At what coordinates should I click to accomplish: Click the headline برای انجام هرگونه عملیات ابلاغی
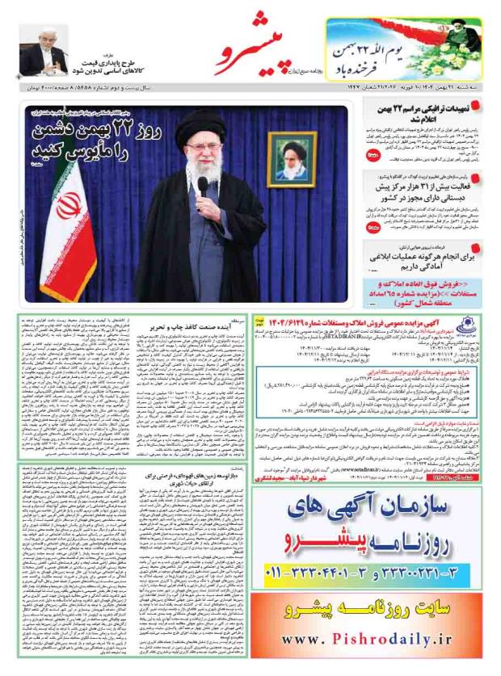pyautogui.click(x=423, y=258)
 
